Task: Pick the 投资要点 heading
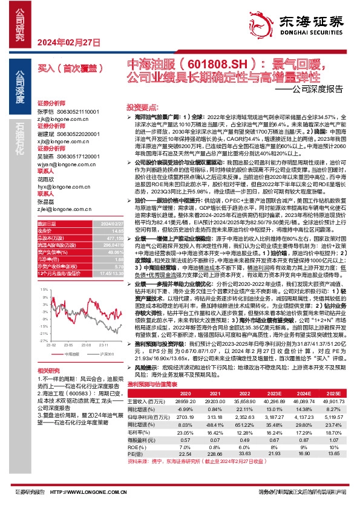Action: tap(139, 105)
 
